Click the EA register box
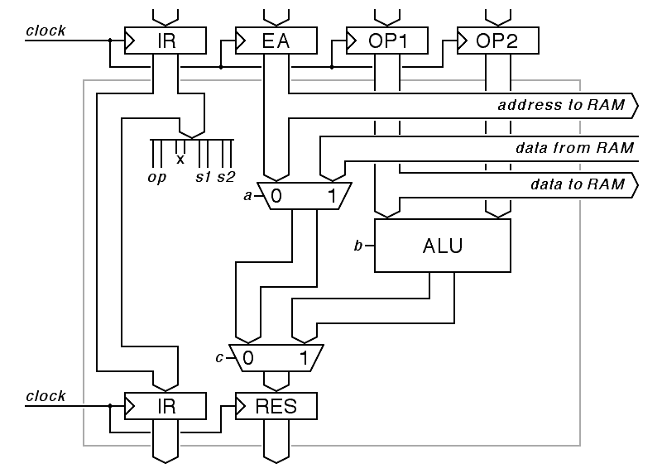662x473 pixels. click(276, 41)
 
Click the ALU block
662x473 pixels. click(443, 246)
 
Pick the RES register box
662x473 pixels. click(276, 406)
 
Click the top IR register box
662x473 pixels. click(165, 41)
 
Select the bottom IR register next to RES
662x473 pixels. click(165, 406)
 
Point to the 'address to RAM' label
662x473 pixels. click(562, 106)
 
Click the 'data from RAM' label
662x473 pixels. click(574, 149)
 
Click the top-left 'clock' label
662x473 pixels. click(46, 31)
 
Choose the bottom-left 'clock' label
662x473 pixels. click(46, 396)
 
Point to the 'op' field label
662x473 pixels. click(157, 178)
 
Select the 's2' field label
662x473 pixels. click(226, 178)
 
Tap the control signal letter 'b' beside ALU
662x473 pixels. click(358, 246)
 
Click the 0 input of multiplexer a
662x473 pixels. click(277, 197)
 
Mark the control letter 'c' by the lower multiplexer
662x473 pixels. click(219, 358)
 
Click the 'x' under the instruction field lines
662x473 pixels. click(180, 158)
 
